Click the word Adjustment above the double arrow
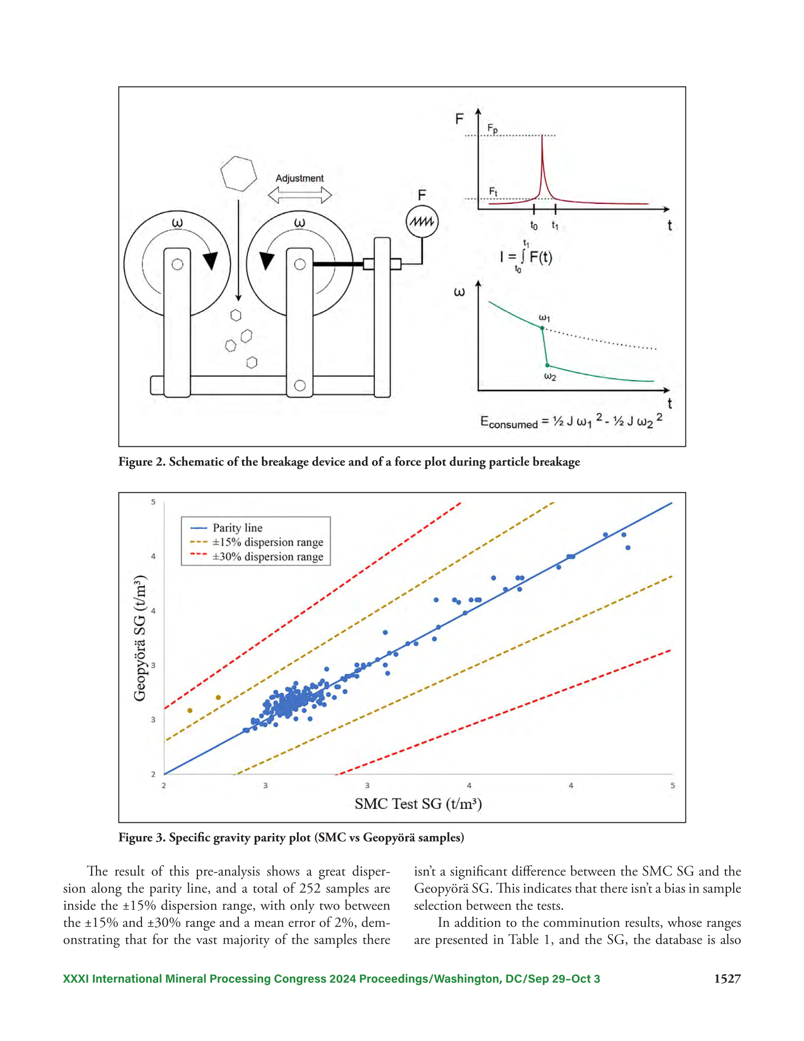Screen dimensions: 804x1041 tap(299, 178)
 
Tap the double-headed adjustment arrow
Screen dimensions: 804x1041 tap(299, 195)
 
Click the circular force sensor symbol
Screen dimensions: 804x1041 tap(422, 222)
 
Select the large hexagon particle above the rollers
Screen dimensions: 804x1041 tap(238, 174)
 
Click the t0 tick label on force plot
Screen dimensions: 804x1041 tap(534, 226)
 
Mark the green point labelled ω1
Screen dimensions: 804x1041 tap(542, 328)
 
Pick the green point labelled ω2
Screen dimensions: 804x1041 tap(547, 365)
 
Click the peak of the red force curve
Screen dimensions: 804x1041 tap(542, 136)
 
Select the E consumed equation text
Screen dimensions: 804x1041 tap(571, 421)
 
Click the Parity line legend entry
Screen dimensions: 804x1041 tap(226, 527)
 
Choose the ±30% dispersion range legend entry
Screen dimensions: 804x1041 tap(256, 556)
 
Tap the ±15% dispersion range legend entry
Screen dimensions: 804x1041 tap(256, 542)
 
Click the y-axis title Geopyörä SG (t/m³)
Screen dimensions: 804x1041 tap(140, 638)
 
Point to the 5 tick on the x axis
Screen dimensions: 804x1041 tap(672, 785)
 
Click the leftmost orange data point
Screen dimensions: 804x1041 tap(190, 711)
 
